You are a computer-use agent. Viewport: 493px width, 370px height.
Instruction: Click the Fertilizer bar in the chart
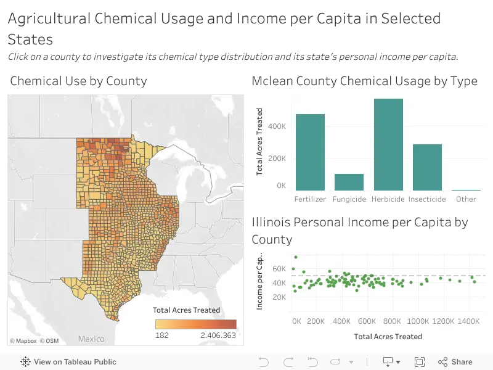click(x=310, y=152)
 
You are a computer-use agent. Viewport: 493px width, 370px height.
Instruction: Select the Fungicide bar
click(x=349, y=182)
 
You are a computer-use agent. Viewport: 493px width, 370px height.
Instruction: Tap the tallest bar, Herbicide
click(x=388, y=144)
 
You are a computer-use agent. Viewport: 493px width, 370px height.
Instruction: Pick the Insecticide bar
click(x=427, y=167)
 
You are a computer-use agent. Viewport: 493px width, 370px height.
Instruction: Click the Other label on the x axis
click(x=466, y=199)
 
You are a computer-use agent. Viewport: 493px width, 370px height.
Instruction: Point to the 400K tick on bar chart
click(x=277, y=126)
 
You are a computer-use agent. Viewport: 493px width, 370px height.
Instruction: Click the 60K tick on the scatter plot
click(x=279, y=269)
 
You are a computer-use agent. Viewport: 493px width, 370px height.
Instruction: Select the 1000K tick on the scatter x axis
click(x=418, y=321)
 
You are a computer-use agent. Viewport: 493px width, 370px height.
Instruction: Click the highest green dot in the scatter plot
click(x=296, y=257)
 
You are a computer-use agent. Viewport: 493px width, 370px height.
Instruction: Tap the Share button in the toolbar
click(x=455, y=362)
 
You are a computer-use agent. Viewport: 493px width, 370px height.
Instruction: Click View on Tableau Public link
click(x=68, y=362)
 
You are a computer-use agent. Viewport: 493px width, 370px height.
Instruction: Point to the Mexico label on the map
click(x=91, y=339)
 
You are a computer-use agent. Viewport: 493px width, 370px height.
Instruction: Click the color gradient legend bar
click(x=195, y=324)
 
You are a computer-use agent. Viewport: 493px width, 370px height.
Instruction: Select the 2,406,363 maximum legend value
click(x=218, y=335)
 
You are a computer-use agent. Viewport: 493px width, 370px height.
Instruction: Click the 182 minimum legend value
click(x=162, y=335)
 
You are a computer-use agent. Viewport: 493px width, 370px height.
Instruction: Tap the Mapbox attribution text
click(x=23, y=341)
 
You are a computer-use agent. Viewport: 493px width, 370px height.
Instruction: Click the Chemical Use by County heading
click(x=79, y=81)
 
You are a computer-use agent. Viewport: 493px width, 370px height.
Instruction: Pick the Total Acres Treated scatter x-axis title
click(x=388, y=337)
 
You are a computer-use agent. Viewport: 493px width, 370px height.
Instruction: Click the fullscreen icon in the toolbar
click(x=420, y=362)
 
